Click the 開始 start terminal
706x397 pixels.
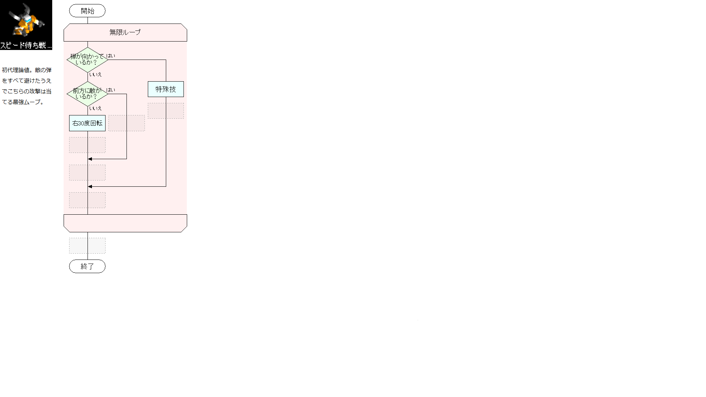click(87, 11)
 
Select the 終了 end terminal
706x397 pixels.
click(87, 266)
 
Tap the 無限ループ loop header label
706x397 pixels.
click(125, 32)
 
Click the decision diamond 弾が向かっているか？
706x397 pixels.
click(88, 59)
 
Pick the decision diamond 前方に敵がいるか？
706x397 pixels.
click(88, 94)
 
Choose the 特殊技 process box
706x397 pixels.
click(166, 89)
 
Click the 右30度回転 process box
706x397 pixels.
click(87, 123)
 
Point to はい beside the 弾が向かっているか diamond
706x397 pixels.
click(111, 56)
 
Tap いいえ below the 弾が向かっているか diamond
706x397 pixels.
click(95, 74)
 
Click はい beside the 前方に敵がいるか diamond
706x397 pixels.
click(111, 90)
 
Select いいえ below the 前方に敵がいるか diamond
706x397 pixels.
click(95, 108)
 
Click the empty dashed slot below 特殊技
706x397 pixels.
click(166, 111)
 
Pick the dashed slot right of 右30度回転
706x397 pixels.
click(126, 123)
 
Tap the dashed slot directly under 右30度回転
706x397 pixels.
click(87, 145)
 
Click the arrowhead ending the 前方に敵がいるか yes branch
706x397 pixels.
click(90, 159)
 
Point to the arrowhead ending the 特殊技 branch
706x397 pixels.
click(90, 186)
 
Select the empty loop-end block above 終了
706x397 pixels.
click(125, 223)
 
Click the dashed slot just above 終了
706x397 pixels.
click(87, 246)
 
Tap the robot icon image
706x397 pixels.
click(26, 20)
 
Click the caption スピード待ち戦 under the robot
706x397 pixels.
click(26, 46)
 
